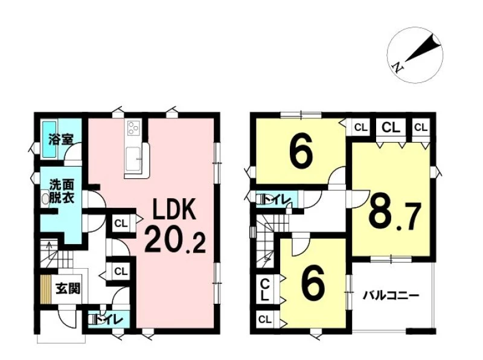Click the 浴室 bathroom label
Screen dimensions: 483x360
[x=61, y=140]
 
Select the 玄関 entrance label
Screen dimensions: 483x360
[x=68, y=289]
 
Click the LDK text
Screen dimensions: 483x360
[x=175, y=210]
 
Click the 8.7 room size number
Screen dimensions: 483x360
[x=395, y=216]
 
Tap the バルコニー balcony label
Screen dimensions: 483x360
[x=391, y=296]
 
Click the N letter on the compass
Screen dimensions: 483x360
[x=398, y=66]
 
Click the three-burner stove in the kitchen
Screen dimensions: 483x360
[x=133, y=127]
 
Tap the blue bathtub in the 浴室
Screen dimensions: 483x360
[x=50, y=140]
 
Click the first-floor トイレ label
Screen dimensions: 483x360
[x=108, y=320]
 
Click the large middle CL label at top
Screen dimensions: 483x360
[x=391, y=127]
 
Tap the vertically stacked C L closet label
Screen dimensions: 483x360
[x=265, y=290]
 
